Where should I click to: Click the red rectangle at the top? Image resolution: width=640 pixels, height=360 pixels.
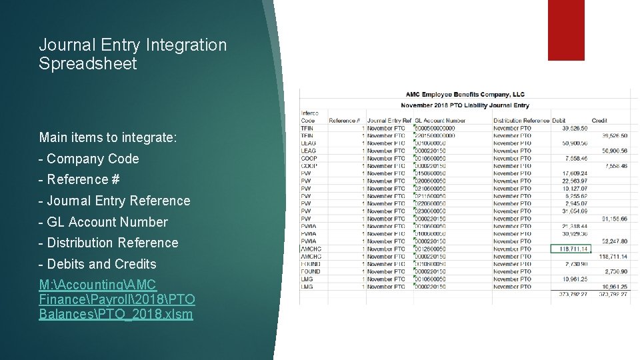coord(566,30)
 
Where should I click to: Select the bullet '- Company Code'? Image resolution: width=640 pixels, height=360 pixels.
coord(89,159)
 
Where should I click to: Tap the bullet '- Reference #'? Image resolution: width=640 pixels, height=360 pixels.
coord(79,179)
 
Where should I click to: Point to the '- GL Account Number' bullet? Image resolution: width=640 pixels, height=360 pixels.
coord(103,222)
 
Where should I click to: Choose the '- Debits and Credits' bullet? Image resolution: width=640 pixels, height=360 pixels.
coord(97,264)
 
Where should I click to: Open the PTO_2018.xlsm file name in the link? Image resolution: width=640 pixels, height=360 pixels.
coord(157,313)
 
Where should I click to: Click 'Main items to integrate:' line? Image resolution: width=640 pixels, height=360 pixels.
coord(108,138)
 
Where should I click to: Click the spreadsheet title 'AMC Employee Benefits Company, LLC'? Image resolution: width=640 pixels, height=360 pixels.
coord(465,95)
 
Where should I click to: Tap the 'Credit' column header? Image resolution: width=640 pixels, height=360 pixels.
coord(599,121)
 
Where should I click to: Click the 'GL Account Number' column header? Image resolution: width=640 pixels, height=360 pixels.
coord(440,121)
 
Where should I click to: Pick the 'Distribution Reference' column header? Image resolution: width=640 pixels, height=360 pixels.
coord(521,121)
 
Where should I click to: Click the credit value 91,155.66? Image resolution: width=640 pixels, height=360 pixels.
coord(613,219)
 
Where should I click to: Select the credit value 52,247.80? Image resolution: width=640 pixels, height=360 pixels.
coord(613,241)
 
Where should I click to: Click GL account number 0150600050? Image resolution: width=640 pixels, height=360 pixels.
coord(431,173)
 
